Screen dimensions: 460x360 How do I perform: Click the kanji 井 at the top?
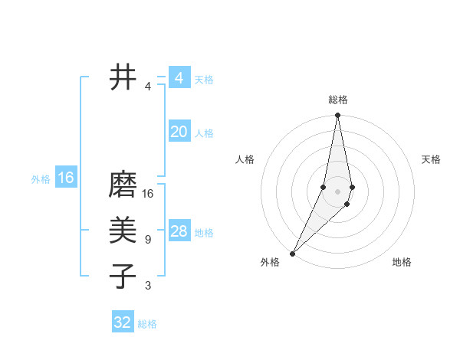coord(123,77)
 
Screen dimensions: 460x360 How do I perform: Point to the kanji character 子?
coord(123,276)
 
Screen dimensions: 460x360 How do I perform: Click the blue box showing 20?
coord(179,132)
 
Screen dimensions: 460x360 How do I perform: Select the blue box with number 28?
coord(179,231)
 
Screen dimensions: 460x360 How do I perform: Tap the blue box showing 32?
coord(123,322)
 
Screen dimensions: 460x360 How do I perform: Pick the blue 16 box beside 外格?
coord(66,178)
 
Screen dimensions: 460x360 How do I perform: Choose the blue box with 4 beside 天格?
coord(179,78)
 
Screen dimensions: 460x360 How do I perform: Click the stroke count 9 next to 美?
coord(148,240)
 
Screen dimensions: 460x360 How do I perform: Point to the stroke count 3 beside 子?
coord(148,286)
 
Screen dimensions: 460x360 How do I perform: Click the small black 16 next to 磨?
coord(148,194)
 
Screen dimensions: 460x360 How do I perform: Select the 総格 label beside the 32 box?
coord(147,324)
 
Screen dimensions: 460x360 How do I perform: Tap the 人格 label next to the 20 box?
coord(204,133)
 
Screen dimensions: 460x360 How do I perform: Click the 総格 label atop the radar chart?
coord(338,100)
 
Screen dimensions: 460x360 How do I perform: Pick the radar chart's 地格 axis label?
coord(402,263)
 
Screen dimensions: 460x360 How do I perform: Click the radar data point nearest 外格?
coord(293,253)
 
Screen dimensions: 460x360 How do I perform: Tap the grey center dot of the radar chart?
coord(338,190)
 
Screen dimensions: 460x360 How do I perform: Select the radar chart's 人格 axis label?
coord(245,159)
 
